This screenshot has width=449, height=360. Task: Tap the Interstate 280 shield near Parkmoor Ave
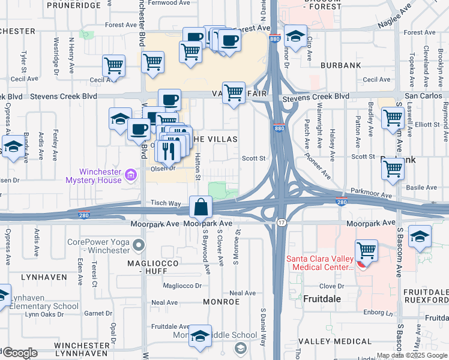pos(341,202)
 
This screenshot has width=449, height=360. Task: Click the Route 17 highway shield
pos(281,223)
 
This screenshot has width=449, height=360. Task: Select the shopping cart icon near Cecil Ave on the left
pos(113,66)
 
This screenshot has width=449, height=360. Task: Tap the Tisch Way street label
pos(166,203)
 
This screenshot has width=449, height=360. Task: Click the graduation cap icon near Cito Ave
pos(295,36)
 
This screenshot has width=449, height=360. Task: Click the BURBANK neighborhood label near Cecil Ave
pos(339,64)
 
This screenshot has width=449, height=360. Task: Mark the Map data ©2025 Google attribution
pos(411,355)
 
